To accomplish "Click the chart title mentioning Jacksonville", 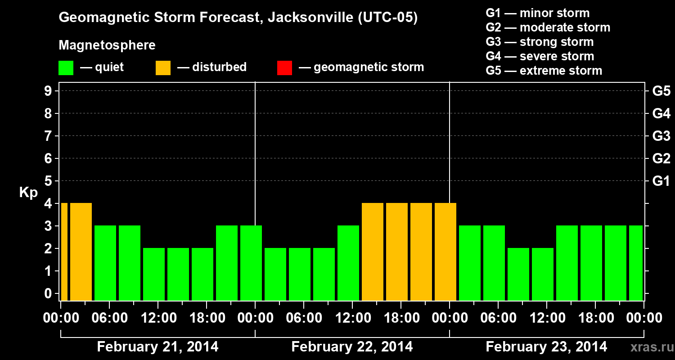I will (x=238, y=18).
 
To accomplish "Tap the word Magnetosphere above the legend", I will (x=107, y=45).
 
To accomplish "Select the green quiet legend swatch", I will (x=66, y=68).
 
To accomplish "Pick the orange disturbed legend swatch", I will (x=163, y=68).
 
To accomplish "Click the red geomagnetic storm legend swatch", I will (x=284, y=68).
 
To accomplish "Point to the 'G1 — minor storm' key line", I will (x=537, y=13).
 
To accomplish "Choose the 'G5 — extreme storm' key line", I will (x=544, y=71).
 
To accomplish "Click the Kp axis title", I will (x=28, y=193).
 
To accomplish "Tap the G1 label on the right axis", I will (x=661, y=181).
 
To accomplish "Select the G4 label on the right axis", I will (x=661, y=113).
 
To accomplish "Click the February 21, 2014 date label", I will (x=157, y=347).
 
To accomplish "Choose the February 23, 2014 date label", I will (x=546, y=347).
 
